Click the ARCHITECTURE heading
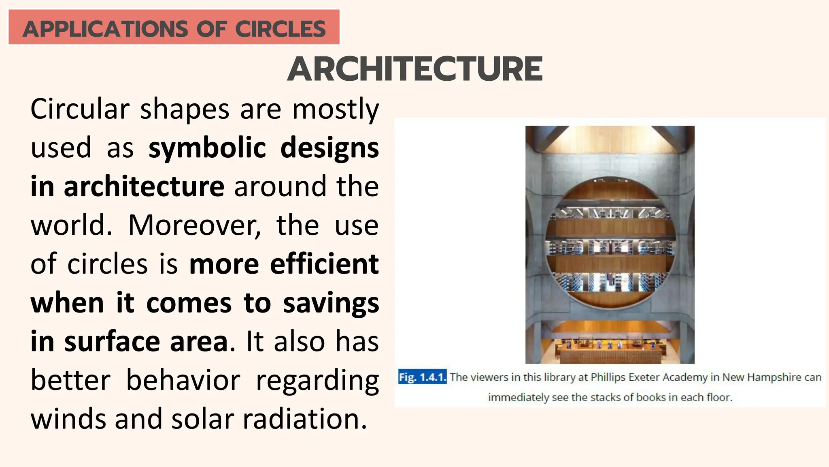tap(415, 69)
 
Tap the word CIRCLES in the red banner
tap(280, 29)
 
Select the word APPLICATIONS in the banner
tap(105, 29)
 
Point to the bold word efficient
tap(324, 264)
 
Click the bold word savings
tap(331, 303)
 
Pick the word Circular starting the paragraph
tap(80, 109)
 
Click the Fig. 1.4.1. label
tap(422, 377)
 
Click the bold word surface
tap(112, 342)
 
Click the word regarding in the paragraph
tap(317, 381)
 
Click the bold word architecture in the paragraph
tap(144, 186)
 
